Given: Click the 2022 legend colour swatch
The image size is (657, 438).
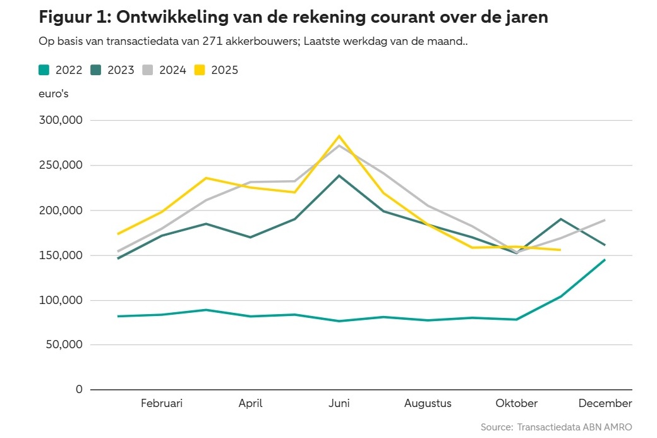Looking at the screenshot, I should [x=45, y=70].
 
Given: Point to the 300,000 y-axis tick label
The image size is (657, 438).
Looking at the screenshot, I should [x=61, y=120].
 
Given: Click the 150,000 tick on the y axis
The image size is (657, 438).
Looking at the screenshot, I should [x=61, y=255].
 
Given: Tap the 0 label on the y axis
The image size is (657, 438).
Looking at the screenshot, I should [x=79, y=390].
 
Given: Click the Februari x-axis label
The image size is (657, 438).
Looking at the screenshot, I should [x=162, y=403].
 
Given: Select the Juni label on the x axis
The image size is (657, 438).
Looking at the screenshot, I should [x=339, y=403].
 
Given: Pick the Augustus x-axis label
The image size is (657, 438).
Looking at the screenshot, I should [x=428, y=403].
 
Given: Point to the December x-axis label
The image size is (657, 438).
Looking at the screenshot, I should [x=605, y=403].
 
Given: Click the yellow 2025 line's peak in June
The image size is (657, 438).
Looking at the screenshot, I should [x=339, y=136].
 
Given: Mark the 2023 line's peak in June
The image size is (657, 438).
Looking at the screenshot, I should [x=339, y=176].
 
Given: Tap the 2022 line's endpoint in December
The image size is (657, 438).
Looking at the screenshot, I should [x=605, y=260].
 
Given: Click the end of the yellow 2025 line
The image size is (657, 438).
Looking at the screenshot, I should [x=560, y=250].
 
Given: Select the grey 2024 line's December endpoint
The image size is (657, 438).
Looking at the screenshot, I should [x=605, y=220].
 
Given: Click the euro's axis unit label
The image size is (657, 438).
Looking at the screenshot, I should [x=54, y=94].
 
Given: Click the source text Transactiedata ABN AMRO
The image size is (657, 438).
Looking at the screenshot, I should [x=574, y=427].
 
